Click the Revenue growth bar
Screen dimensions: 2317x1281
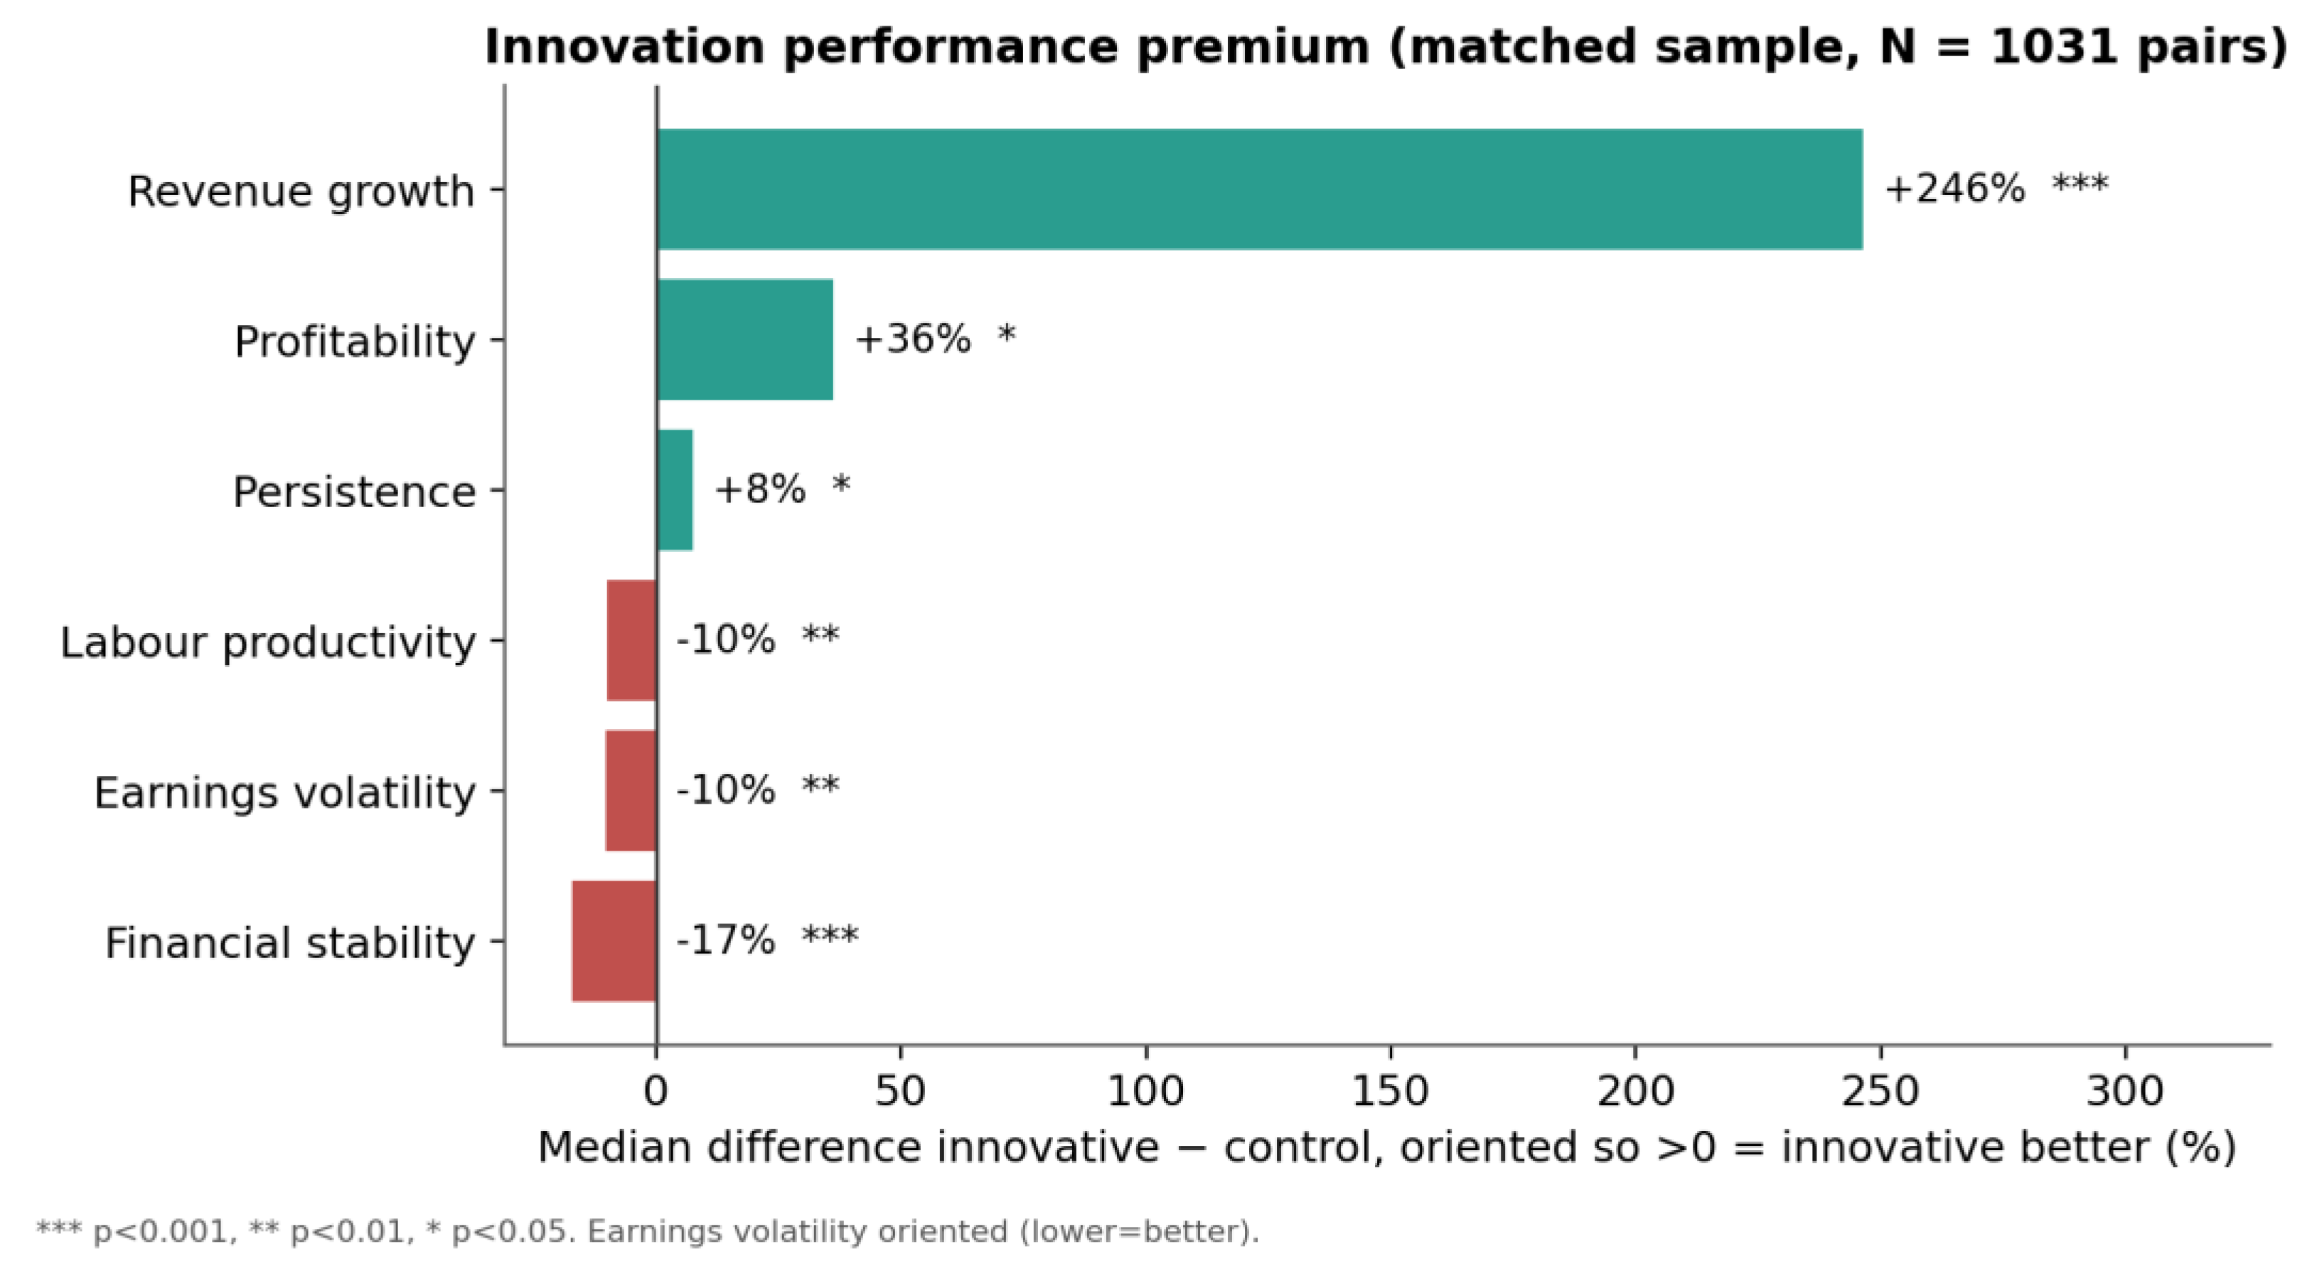(x=1259, y=189)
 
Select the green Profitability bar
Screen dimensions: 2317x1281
(x=745, y=339)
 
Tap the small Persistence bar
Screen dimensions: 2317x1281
(x=675, y=489)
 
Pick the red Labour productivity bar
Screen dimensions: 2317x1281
(x=631, y=640)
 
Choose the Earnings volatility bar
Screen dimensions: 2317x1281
(x=631, y=791)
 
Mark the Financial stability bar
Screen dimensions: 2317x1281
(x=614, y=941)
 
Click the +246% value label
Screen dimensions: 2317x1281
(x=1954, y=189)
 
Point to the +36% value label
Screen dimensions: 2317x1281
(x=912, y=339)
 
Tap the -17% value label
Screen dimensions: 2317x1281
(x=725, y=941)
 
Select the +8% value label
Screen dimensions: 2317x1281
(x=759, y=489)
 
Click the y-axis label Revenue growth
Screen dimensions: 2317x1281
(x=301, y=191)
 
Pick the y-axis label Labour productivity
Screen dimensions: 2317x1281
(x=268, y=643)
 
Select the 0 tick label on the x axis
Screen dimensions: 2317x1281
(x=657, y=1091)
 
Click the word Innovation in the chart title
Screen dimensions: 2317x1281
(x=624, y=46)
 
